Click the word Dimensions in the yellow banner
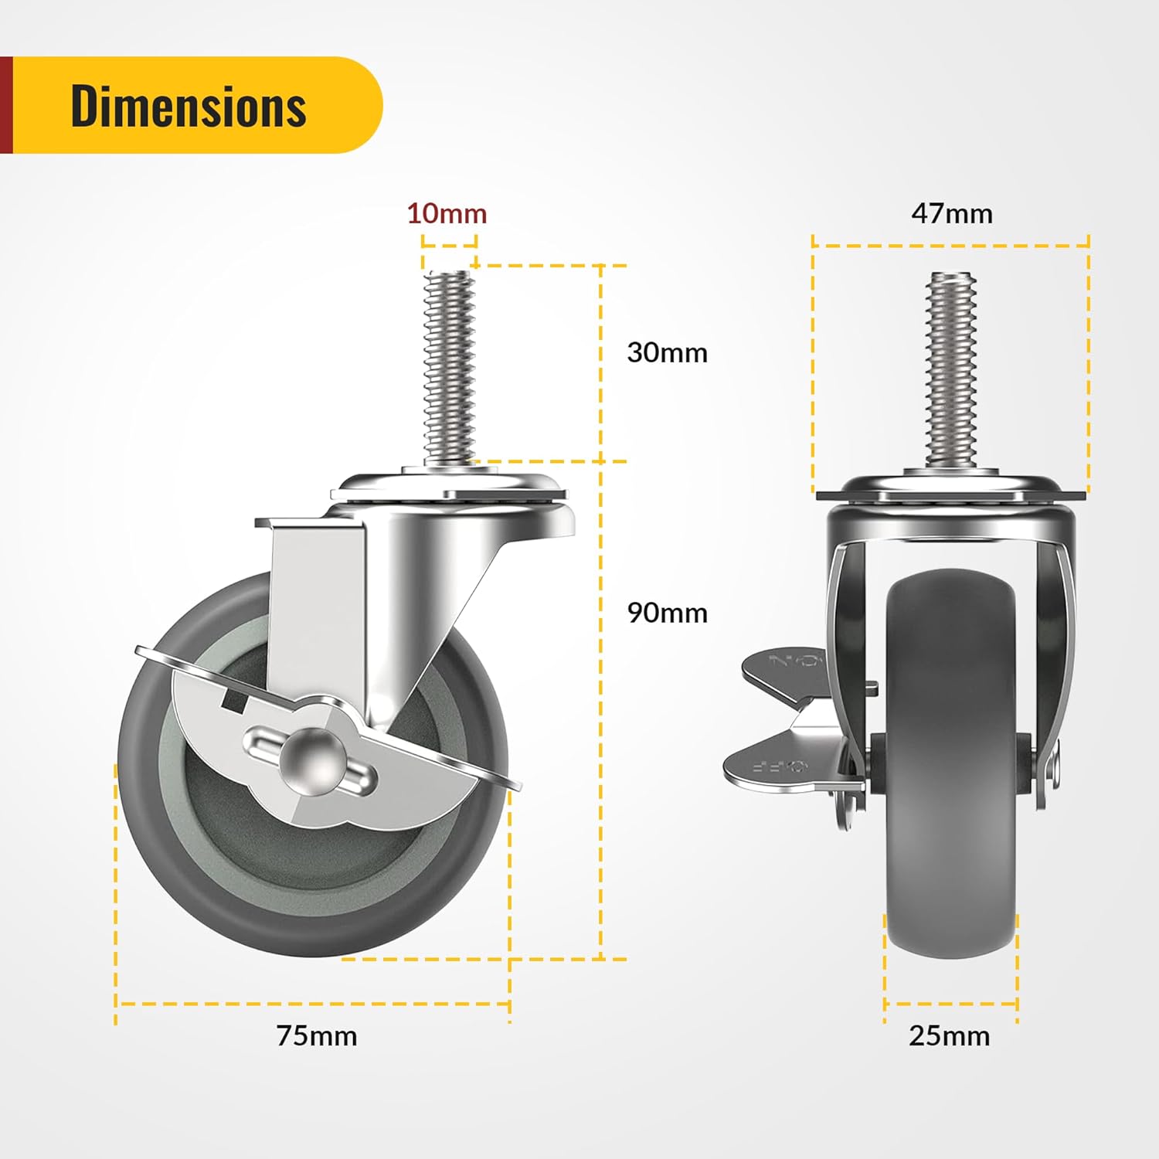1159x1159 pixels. point(189,106)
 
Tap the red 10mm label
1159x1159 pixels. point(447,213)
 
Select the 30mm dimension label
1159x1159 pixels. point(667,352)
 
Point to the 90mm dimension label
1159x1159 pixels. point(667,613)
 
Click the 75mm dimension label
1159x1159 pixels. point(317,1035)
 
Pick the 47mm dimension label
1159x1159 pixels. point(951,213)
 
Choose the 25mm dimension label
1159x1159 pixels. point(949,1035)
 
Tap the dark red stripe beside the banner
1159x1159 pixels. point(6,105)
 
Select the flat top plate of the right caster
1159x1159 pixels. point(951,495)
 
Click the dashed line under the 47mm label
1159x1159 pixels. point(951,246)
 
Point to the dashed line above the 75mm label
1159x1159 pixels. point(313,1004)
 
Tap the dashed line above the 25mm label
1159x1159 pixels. point(950,1004)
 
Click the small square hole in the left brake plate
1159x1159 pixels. point(233,701)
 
